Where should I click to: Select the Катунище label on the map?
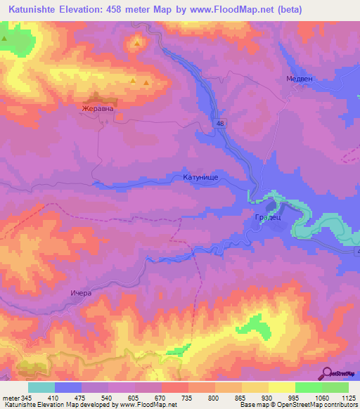[202, 178]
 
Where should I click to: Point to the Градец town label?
[268, 218]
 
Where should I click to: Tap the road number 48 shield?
[221, 123]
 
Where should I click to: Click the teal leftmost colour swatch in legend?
[41, 387]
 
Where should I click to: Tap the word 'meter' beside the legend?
[11, 397]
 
